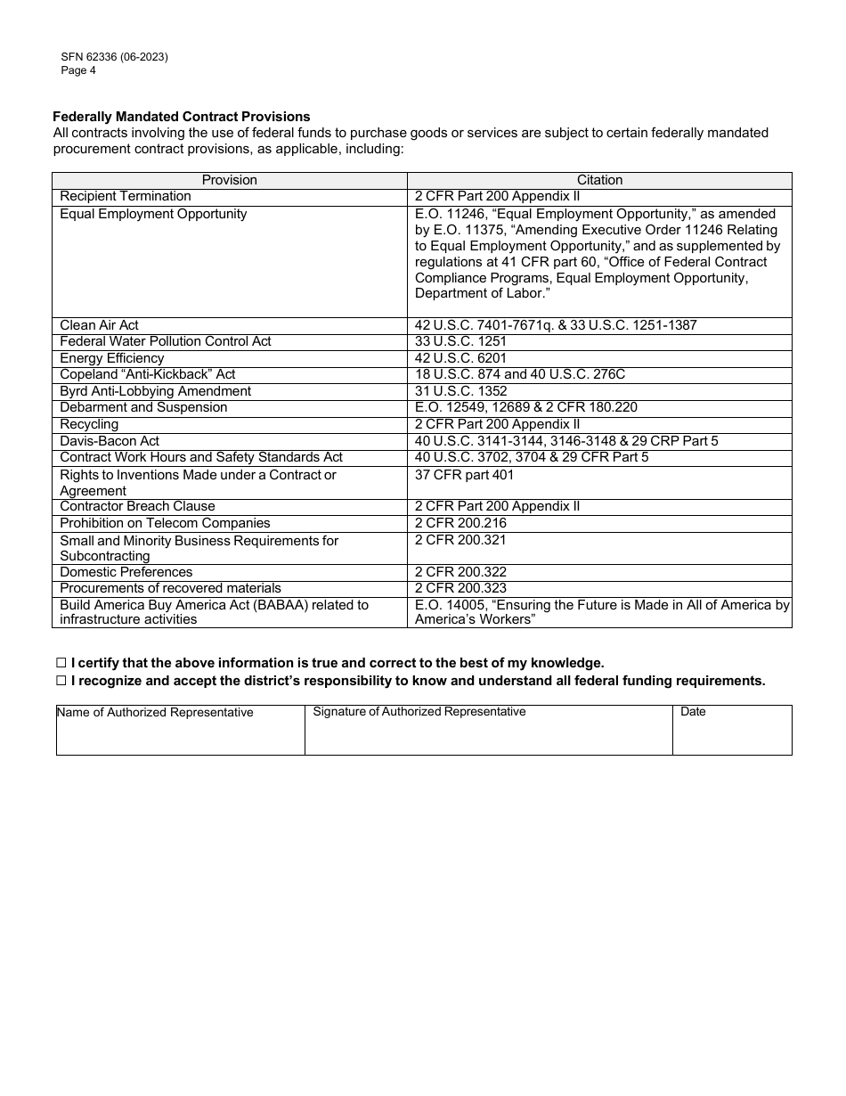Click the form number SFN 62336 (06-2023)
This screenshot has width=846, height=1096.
(x=114, y=57)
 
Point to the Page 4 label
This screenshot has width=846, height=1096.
(x=78, y=70)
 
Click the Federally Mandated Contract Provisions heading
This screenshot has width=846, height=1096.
(x=182, y=117)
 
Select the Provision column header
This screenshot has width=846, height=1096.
(x=230, y=180)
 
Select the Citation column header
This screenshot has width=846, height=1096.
(x=599, y=180)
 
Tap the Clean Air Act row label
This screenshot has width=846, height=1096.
(x=100, y=325)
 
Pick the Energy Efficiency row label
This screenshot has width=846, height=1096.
(x=112, y=358)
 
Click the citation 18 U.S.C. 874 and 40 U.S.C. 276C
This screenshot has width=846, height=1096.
(x=520, y=374)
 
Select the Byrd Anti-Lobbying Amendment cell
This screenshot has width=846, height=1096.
(x=156, y=391)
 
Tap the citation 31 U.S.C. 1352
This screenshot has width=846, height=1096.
(x=460, y=391)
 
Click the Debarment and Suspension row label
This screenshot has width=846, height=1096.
(x=143, y=407)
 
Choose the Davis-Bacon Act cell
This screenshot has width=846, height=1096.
(x=110, y=441)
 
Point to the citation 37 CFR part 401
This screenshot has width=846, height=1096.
(x=464, y=475)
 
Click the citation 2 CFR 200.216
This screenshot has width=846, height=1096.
(x=460, y=523)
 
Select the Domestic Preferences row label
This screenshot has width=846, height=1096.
(x=126, y=572)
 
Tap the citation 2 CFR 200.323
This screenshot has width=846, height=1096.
(x=460, y=588)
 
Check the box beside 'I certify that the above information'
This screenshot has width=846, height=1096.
(x=61, y=663)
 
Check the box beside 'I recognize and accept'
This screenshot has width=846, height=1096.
(x=61, y=681)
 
